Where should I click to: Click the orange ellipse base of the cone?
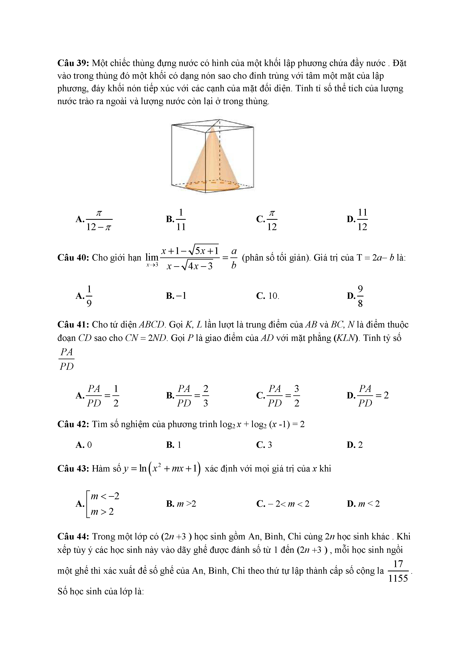pyautogui.click(x=212, y=186)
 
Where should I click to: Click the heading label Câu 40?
pyautogui.click(x=74, y=258)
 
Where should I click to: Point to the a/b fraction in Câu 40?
pyautogui.click(x=234, y=258)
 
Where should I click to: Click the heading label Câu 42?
pyautogui.click(x=74, y=424)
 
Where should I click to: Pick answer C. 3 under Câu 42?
pyautogui.click(x=264, y=445)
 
